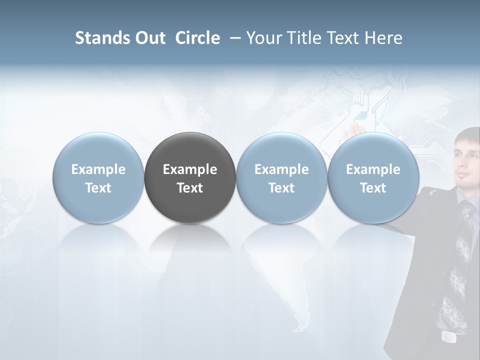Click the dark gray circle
190,177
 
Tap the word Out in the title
149,38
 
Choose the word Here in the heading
384,38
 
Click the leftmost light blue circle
98,177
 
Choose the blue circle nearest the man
373,177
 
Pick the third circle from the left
281,177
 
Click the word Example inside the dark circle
190,169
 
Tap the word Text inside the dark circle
190,188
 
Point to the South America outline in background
280,280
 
